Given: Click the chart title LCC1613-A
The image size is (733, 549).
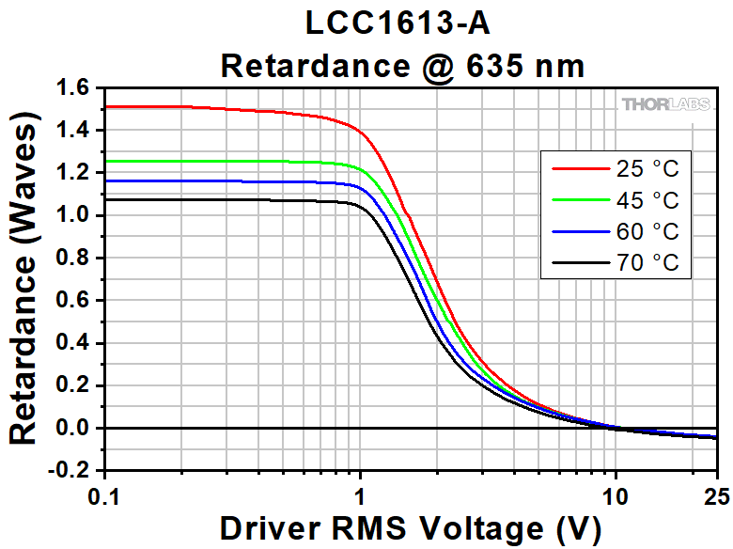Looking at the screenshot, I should tap(403, 23).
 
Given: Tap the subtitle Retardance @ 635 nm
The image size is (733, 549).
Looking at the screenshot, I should tap(403, 66).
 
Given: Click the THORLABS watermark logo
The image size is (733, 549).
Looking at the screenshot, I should tap(665, 104).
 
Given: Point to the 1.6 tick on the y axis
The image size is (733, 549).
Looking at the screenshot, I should tap(74, 88).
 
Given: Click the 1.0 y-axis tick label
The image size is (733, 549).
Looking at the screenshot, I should tap(74, 216).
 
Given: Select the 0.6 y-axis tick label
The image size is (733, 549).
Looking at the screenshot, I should tap(74, 301).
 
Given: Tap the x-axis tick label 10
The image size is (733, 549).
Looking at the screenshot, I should tap(616, 494).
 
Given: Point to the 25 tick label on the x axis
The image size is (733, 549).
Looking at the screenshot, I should tap(716, 494).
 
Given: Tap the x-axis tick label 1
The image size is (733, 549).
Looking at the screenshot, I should tap(361, 494).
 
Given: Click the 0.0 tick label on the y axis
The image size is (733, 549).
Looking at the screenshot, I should tap(74, 429).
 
